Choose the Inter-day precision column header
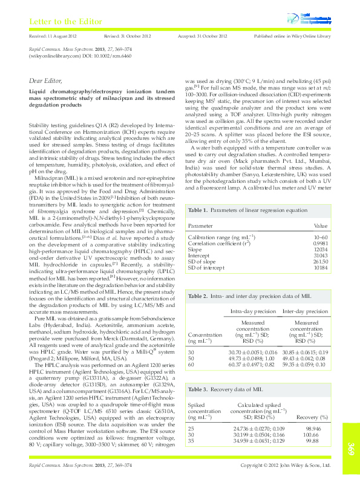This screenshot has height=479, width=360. pos(305,311)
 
